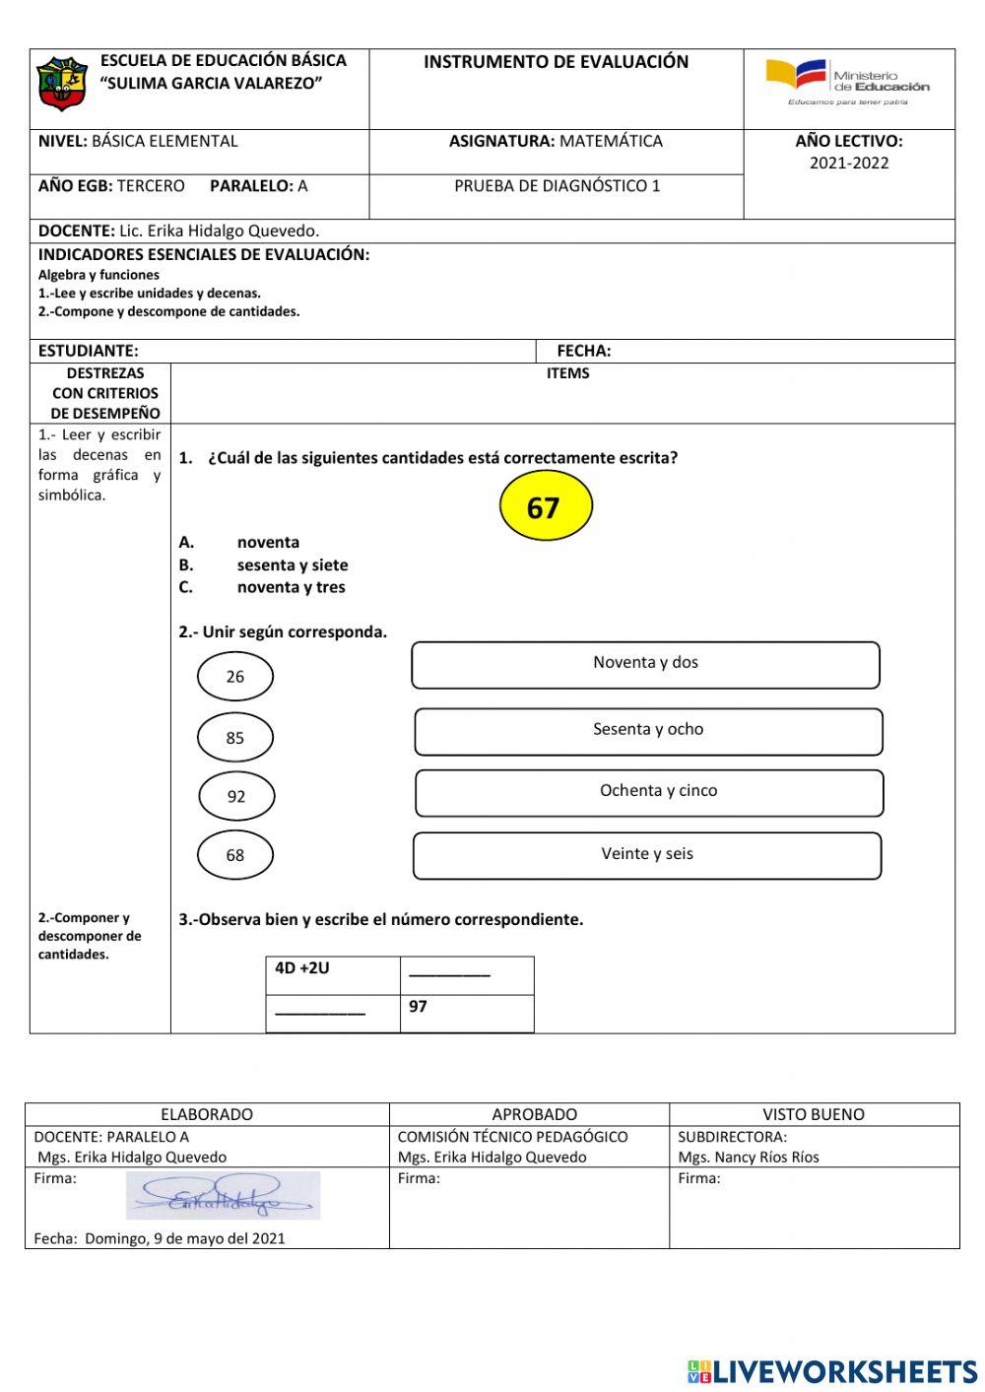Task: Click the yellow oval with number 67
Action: [545, 506]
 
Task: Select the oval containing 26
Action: [234, 677]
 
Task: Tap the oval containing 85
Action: [234, 738]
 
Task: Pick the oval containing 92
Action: [236, 797]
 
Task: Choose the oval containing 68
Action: [234, 855]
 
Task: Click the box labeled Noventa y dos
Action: [645, 665]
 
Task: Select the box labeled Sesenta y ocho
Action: [648, 732]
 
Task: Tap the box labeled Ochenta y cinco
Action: [649, 793]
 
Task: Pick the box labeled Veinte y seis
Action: [647, 855]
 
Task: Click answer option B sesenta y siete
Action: [292, 564]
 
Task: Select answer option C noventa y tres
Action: [291, 587]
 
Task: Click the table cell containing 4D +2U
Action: [333, 974]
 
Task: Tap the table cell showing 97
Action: [467, 1013]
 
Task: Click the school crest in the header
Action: [62, 84]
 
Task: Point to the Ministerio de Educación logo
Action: [848, 82]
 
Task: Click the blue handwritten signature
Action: [223, 1196]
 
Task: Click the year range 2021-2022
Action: [849, 164]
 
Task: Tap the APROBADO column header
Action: [534, 1114]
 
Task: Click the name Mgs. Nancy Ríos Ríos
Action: [749, 1157]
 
